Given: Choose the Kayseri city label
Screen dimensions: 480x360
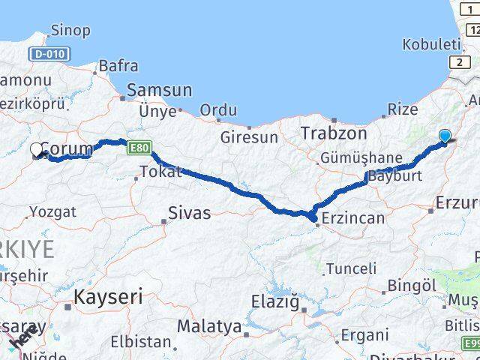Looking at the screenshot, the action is point(108,296).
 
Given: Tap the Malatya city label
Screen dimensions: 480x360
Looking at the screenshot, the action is point(209,327).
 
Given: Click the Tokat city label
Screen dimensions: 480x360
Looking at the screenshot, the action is point(160,172).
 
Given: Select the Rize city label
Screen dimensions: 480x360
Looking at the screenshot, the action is point(403,109).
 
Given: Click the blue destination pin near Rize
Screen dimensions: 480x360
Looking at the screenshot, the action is point(445,136).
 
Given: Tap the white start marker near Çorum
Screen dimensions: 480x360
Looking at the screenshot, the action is point(37,149).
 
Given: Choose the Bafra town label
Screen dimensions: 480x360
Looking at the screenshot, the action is point(118,67).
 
